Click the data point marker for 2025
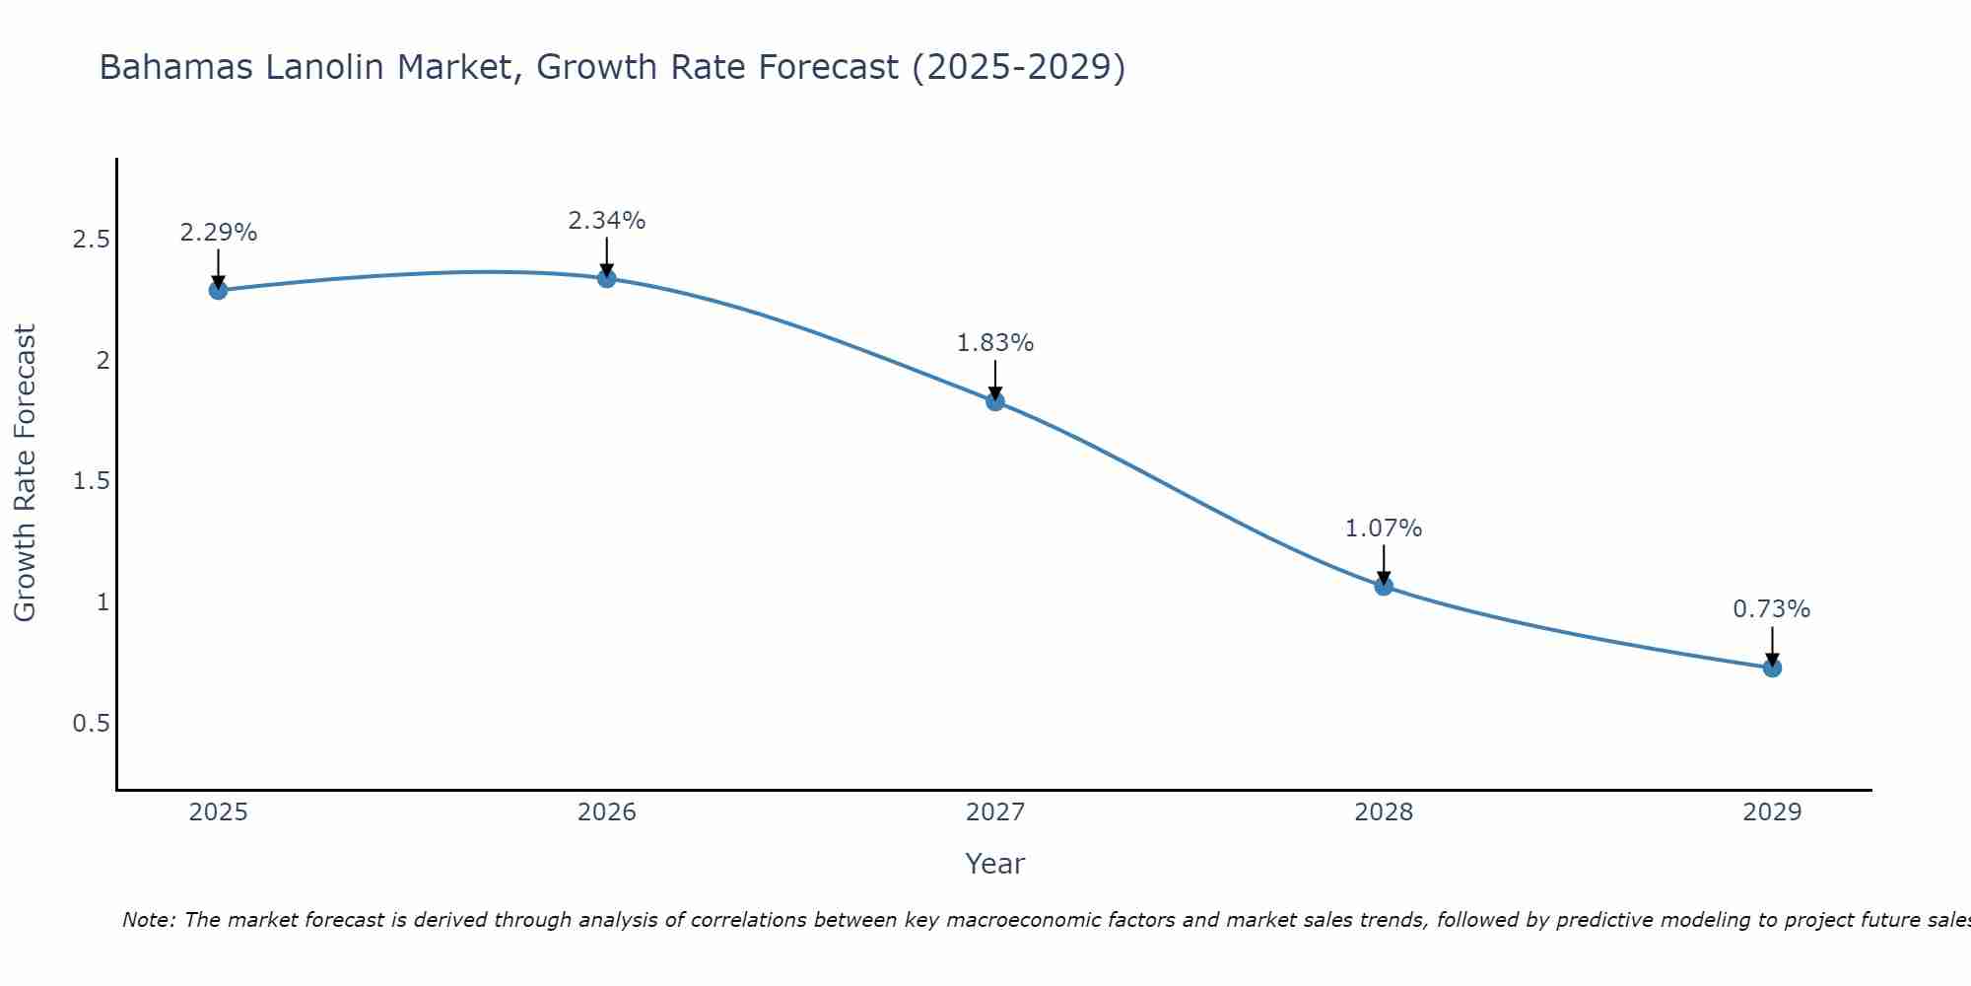coord(218,290)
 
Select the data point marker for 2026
coord(606,278)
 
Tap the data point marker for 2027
coord(994,401)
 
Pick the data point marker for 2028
coord(1384,586)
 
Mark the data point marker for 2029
coord(1772,668)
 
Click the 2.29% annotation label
coord(218,233)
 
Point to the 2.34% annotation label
coord(606,221)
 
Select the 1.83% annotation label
coord(994,343)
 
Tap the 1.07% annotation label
coord(1384,528)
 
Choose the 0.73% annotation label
coord(1772,609)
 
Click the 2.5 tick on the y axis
coord(91,240)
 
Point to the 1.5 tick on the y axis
coord(91,481)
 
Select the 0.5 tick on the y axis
coord(91,724)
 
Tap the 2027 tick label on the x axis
coord(994,812)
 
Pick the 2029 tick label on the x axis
coord(1772,812)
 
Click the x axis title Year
coord(994,864)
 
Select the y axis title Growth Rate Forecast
coord(25,473)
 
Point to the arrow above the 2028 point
coord(1384,564)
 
